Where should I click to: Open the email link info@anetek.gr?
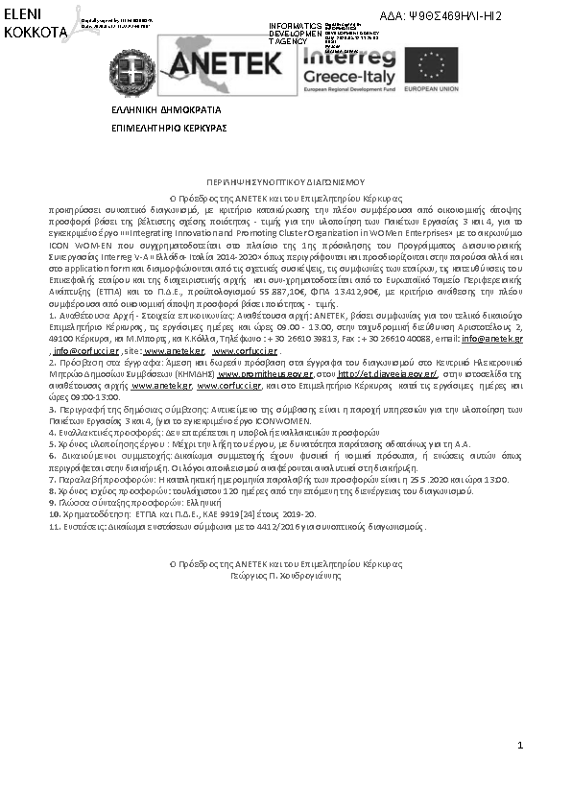click(498, 340)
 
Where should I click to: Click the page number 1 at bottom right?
click(519, 746)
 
